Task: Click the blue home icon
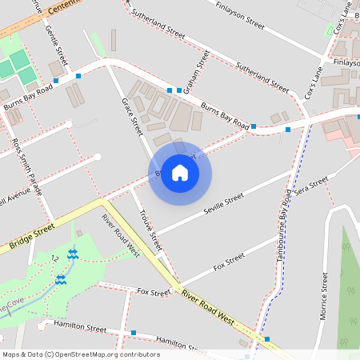[x=180, y=173]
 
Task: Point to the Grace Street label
[x=130, y=114]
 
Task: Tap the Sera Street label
[x=311, y=189]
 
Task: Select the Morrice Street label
[x=324, y=296]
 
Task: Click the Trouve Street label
[x=150, y=227]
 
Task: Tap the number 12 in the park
[x=54, y=258]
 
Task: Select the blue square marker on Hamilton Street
[x=133, y=333]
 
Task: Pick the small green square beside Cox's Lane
[x=329, y=30]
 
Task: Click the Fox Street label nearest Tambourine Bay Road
[x=230, y=261]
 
